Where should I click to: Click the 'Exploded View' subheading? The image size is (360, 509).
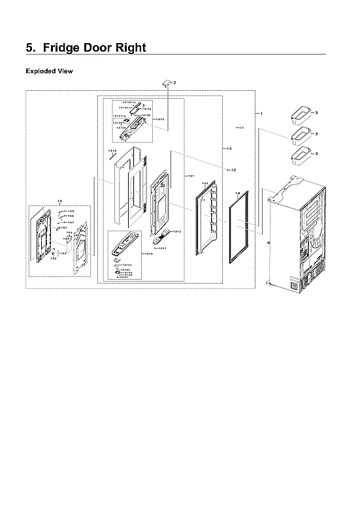tap(48, 71)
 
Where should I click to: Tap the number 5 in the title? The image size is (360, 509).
tap(29, 48)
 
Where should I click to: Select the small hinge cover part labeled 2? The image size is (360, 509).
tap(167, 82)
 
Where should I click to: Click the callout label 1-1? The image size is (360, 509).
tap(241, 127)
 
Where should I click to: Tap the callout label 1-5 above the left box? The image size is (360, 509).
tap(59, 201)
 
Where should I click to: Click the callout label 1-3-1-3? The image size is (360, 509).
tap(159, 119)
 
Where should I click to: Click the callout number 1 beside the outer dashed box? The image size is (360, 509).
tap(261, 114)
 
